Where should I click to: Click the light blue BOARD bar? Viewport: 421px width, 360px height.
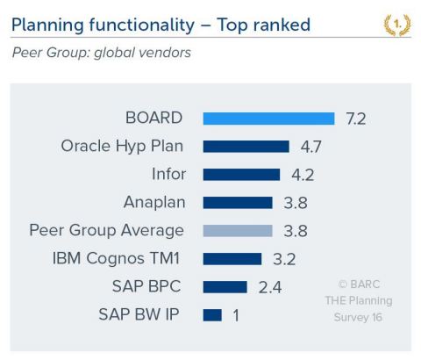[x=268, y=119]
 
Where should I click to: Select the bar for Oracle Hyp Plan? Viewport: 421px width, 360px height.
[x=246, y=147]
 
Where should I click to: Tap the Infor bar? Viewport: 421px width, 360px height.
[x=241, y=175]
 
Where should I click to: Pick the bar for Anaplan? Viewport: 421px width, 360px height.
[x=238, y=203]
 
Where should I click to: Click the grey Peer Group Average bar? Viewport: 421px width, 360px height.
[x=238, y=231]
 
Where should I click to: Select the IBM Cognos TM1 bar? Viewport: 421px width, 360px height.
[x=232, y=259]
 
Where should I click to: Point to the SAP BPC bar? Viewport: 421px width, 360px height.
[x=225, y=286]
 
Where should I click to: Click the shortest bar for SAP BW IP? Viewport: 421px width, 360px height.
[x=211, y=314]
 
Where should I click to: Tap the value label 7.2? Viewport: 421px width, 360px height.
[x=356, y=119]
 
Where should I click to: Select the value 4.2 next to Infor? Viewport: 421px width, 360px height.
[x=302, y=175]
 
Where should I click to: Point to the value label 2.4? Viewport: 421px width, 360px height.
[x=268, y=286]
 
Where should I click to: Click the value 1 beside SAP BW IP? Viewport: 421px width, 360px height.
[x=236, y=314]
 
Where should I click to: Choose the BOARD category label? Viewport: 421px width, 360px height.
[x=154, y=119]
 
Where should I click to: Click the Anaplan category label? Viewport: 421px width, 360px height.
[x=154, y=203]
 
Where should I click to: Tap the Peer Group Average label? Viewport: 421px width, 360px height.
[x=107, y=231]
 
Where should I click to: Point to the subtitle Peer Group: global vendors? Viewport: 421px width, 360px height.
[x=101, y=54]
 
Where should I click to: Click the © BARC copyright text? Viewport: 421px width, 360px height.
[x=364, y=284]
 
